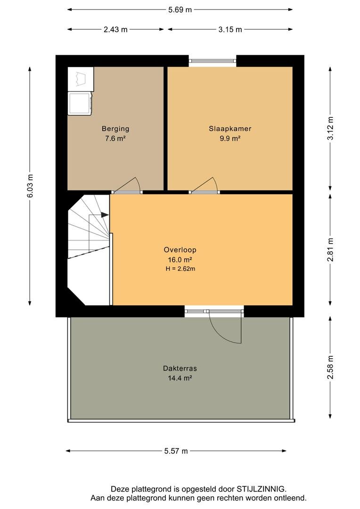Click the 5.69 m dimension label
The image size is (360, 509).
pyautogui.click(x=180, y=10)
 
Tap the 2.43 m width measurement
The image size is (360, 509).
pyautogui.click(x=115, y=30)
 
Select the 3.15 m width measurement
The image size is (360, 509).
pyautogui.click(x=230, y=30)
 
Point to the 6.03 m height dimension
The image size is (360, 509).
pyautogui.click(x=30, y=186)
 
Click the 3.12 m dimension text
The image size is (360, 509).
pyautogui.click(x=330, y=128)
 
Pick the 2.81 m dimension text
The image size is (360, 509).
pyautogui.click(x=330, y=250)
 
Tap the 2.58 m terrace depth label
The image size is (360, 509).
pyautogui.click(x=330, y=367)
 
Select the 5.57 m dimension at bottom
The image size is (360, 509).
pyautogui.click(x=176, y=451)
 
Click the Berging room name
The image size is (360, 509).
pyautogui.click(x=115, y=129)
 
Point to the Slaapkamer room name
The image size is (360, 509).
pyautogui.click(x=230, y=129)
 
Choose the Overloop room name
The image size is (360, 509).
pyautogui.click(x=180, y=250)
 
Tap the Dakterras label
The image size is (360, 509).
pyautogui.click(x=180, y=369)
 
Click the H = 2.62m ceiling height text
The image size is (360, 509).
pyautogui.click(x=180, y=269)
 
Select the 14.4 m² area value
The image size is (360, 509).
pyautogui.click(x=180, y=378)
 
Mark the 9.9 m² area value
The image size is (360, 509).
pyautogui.click(x=230, y=138)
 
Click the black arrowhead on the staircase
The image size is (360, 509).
pyautogui.click(x=105, y=214)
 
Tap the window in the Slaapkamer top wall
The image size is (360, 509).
pyautogui.click(x=213, y=61)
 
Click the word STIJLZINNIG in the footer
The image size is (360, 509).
pyautogui.click(x=262, y=489)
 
